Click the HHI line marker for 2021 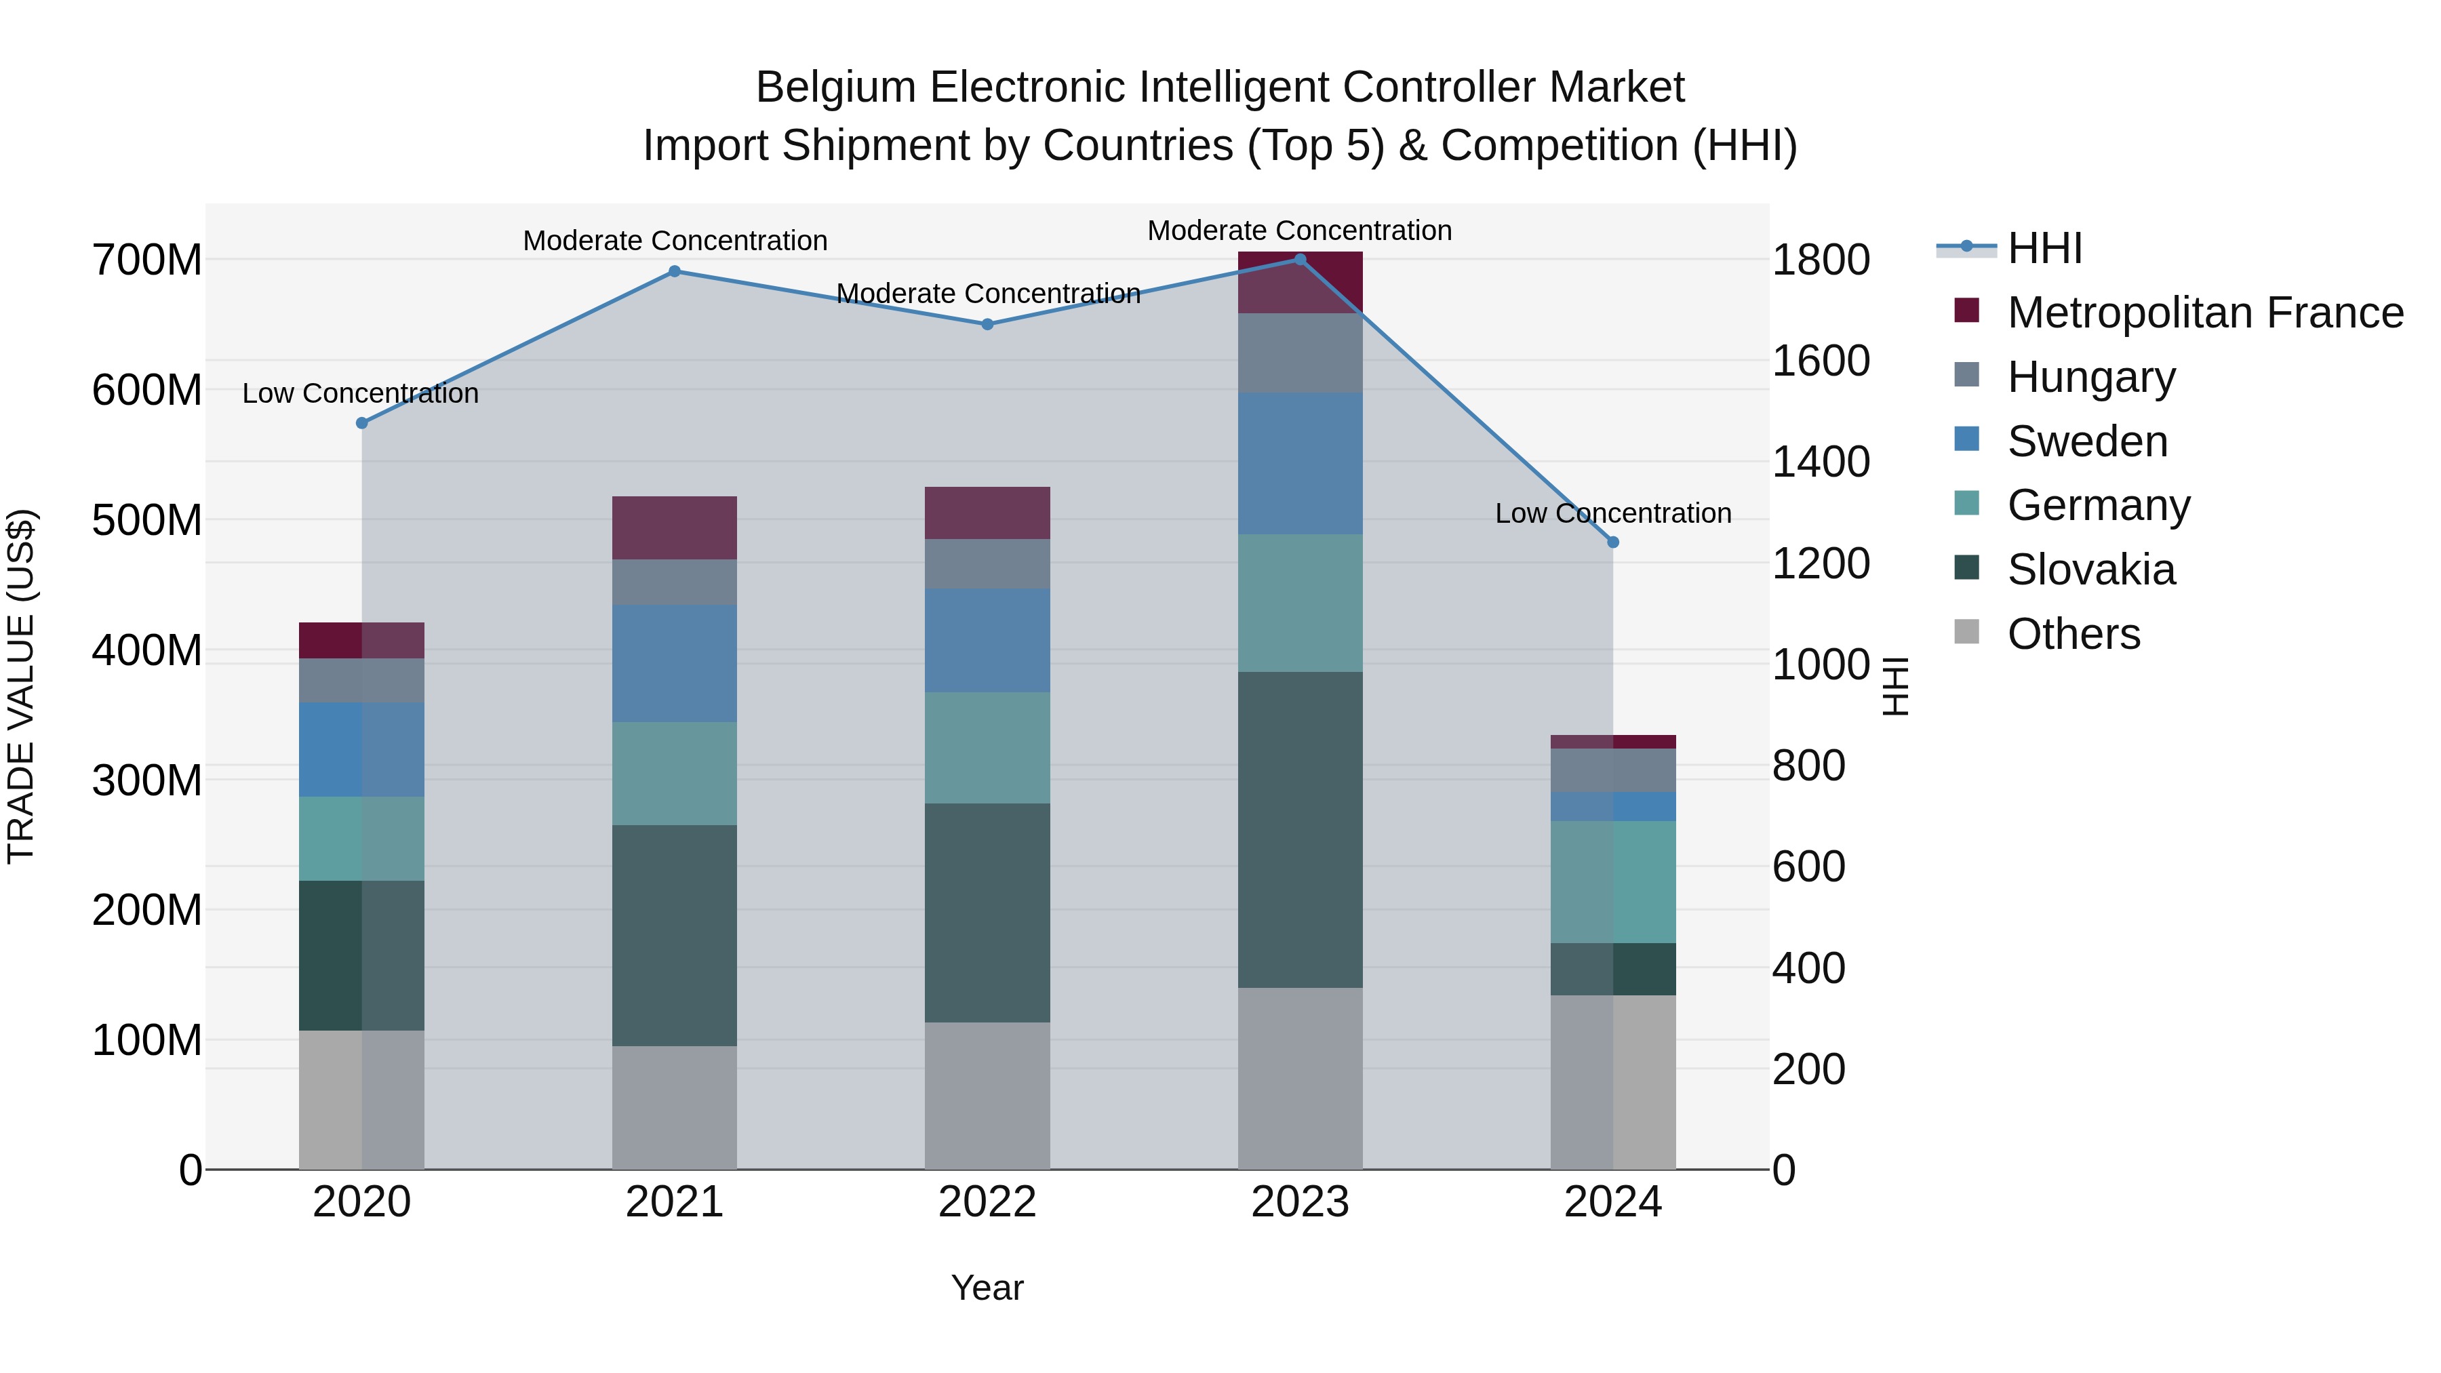click(x=675, y=271)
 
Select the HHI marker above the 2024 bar click(x=1613, y=542)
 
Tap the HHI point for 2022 click(x=987, y=324)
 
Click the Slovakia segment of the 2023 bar click(x=1300, y=829)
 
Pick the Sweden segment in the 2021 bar click(x=675, y=663)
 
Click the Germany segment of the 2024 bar click(x=1613, y=881)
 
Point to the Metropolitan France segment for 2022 click(x=987, y=513)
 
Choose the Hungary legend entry click(x=2090, y=376)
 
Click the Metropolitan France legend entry click(x=2204, y=312)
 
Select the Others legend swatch click(x=1967, y=632)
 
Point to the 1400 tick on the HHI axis click(x=1821, y=462)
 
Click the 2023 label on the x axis click(x=1300, y=1201)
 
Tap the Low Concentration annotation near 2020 click(x=360, y=393)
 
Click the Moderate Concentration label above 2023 click(x=1299, y=231)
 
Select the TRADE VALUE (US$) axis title click(x=21, y=686)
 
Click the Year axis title click(x=987, y=1288)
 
